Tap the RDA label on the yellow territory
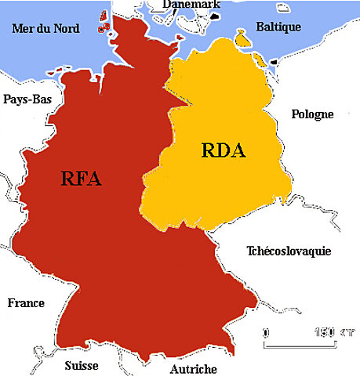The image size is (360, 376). coord(224,150)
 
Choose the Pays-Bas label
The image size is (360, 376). coord(27,99)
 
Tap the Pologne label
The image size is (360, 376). coord(312,114)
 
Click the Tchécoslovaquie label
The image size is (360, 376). coord(288,251)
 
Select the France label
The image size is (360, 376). coord(26,303)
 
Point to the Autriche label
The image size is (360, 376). coord(193,367)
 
